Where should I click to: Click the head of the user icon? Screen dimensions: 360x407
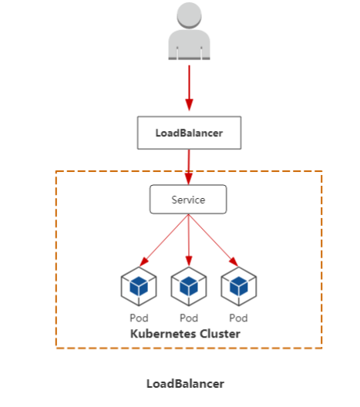coord(189,15)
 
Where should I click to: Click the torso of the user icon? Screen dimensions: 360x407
coord(189,45)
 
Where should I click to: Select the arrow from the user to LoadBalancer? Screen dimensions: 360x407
coord(189,88)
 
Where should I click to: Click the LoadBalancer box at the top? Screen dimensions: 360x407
coord(189,133)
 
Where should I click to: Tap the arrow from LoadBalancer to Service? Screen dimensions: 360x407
coord(189,167)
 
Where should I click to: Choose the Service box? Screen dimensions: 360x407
coord(188,200)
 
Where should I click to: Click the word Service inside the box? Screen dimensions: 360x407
coord(188,200)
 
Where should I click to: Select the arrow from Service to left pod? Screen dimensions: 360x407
coord(164,240)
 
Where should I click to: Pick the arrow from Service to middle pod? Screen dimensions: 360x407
coord(189,240)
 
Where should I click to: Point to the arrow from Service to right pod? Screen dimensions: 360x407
coord(214,240)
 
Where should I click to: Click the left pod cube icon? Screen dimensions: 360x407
coord(139,286)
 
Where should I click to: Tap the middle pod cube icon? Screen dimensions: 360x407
coord(189,286)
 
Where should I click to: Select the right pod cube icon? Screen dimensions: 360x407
coord(239,286)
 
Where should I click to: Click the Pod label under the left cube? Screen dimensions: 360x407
coord(139,318)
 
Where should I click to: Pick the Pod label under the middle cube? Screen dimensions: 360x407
coord(189,318)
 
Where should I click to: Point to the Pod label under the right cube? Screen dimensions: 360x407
coord(238,318)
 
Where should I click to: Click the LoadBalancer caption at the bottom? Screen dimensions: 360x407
coord(185,384)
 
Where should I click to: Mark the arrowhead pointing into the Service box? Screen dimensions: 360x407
coord(189,179)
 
